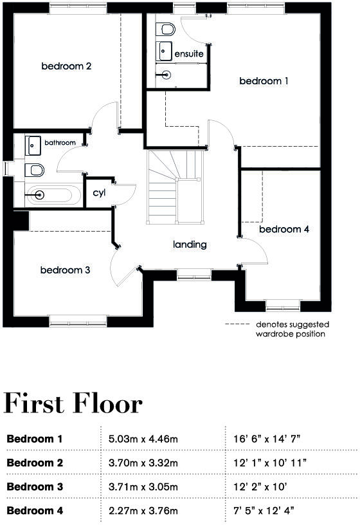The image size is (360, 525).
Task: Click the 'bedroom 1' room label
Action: (x=264, y=81)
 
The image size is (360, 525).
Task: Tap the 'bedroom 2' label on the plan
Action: (x=66, y=66)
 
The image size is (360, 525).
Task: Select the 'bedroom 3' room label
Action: (x=65, y=270)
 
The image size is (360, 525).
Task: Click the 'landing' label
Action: (x=190, y=244)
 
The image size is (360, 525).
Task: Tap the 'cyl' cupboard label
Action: (x=99, y=192)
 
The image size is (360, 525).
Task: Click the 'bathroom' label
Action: (x=60, y=142)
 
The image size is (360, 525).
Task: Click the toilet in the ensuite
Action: (x=167, y=30)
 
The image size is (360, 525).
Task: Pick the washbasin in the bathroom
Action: (x=33, y=145)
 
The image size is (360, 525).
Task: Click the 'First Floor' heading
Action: (x=73, y=403)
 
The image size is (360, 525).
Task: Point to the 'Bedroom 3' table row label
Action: (x=35, y=486)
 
